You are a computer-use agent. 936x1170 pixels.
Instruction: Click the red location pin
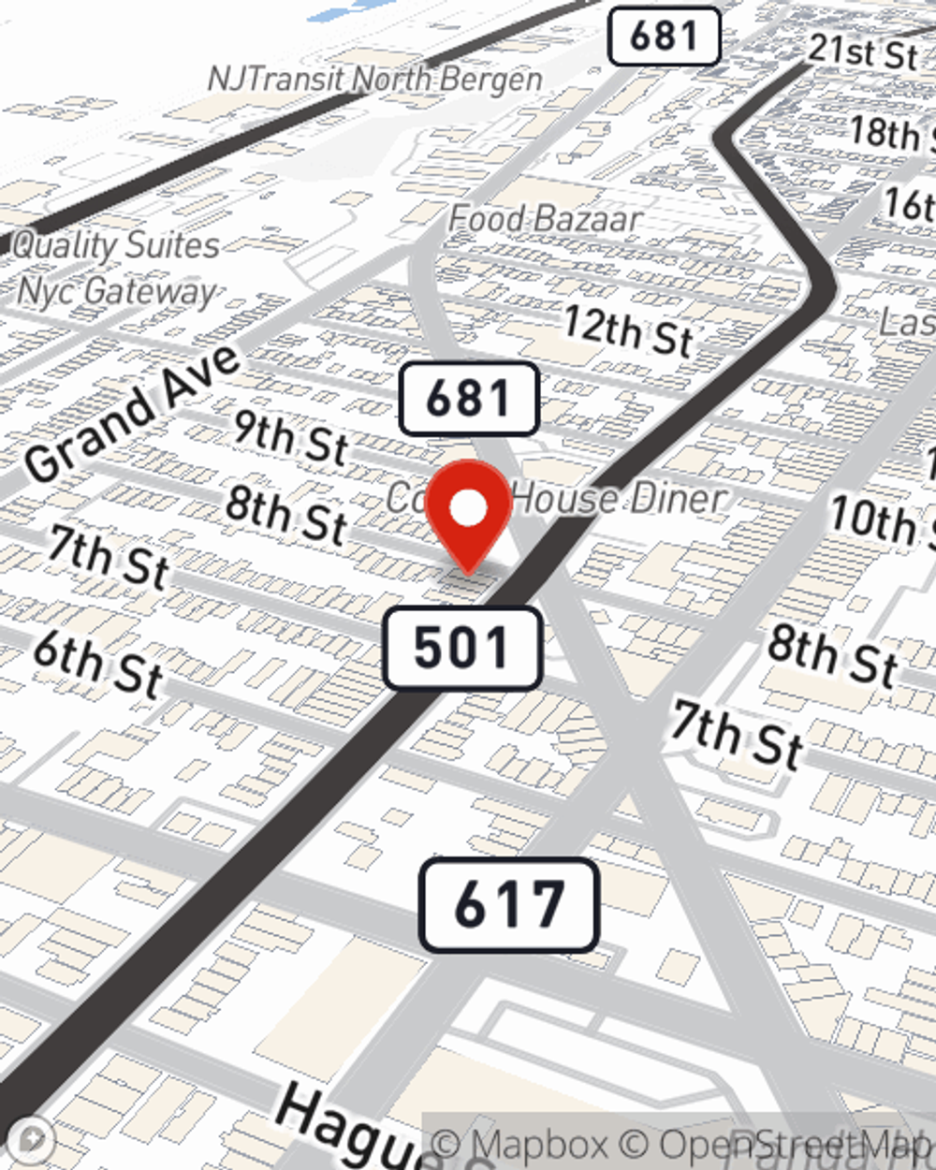[x=469, y=510]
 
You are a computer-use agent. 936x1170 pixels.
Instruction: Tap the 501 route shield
[x=462, y=648]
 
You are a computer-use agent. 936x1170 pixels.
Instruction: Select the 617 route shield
[x=508, y=905]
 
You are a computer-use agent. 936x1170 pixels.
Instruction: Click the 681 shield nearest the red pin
[x=469, y=399]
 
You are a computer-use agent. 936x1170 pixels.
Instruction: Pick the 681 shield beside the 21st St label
[x=664, y=37]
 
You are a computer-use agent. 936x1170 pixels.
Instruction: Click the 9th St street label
[x=291, y=437]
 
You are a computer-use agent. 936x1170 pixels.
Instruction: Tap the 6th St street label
[x=98, y=664]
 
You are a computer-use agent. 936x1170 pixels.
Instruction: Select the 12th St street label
[x=628, y=331]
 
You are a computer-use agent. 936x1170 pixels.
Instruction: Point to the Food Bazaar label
[x=545, y=219]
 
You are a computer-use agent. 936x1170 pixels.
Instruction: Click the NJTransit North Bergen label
[x=374, y=79]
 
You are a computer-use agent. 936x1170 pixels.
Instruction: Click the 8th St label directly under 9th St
[x=286, y=516]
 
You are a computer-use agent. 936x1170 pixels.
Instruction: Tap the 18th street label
[x=889, y=134]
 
